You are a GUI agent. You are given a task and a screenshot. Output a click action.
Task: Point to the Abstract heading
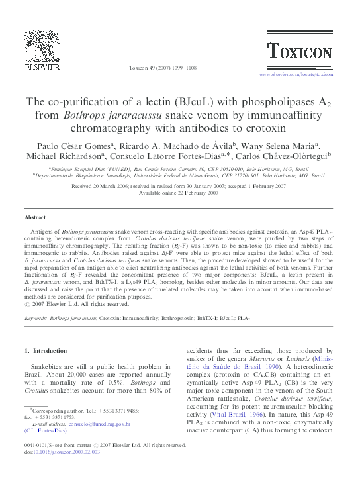pyautogui.click(x=34, y=217)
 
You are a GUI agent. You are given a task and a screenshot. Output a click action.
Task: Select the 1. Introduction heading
pyautogui.click(x=45, y=351)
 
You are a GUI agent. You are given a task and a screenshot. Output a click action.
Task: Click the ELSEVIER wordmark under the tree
pyautogui.click(x=43, y=66)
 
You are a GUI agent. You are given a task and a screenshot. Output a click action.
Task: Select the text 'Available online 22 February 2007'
pyautogui.click(x=179, y=193)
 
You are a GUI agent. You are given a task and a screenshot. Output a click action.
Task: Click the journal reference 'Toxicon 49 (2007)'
pyautogui.click(x=149, y=68)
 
